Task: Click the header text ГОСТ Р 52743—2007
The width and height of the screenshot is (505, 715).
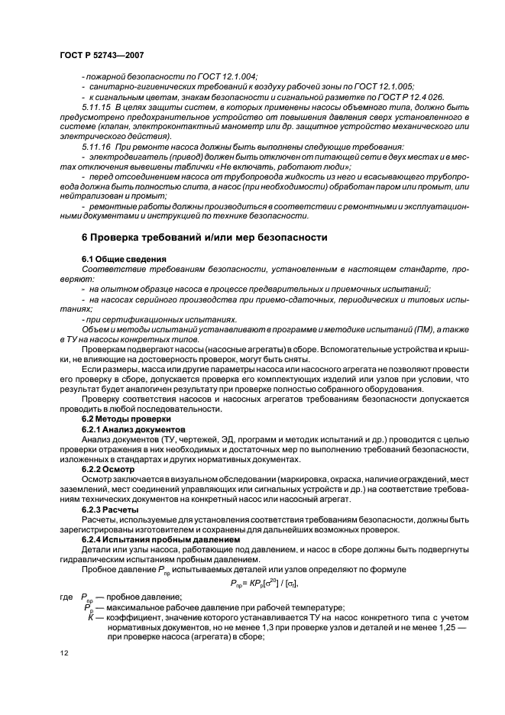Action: tap(102, 55)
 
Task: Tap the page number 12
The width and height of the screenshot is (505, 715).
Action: tap(63, 652)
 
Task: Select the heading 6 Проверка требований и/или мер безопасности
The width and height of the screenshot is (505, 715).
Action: tap(205, 238)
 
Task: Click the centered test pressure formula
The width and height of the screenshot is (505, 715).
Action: tap(280, 583)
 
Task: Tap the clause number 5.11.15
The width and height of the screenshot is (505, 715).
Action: tap(95, 108)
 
